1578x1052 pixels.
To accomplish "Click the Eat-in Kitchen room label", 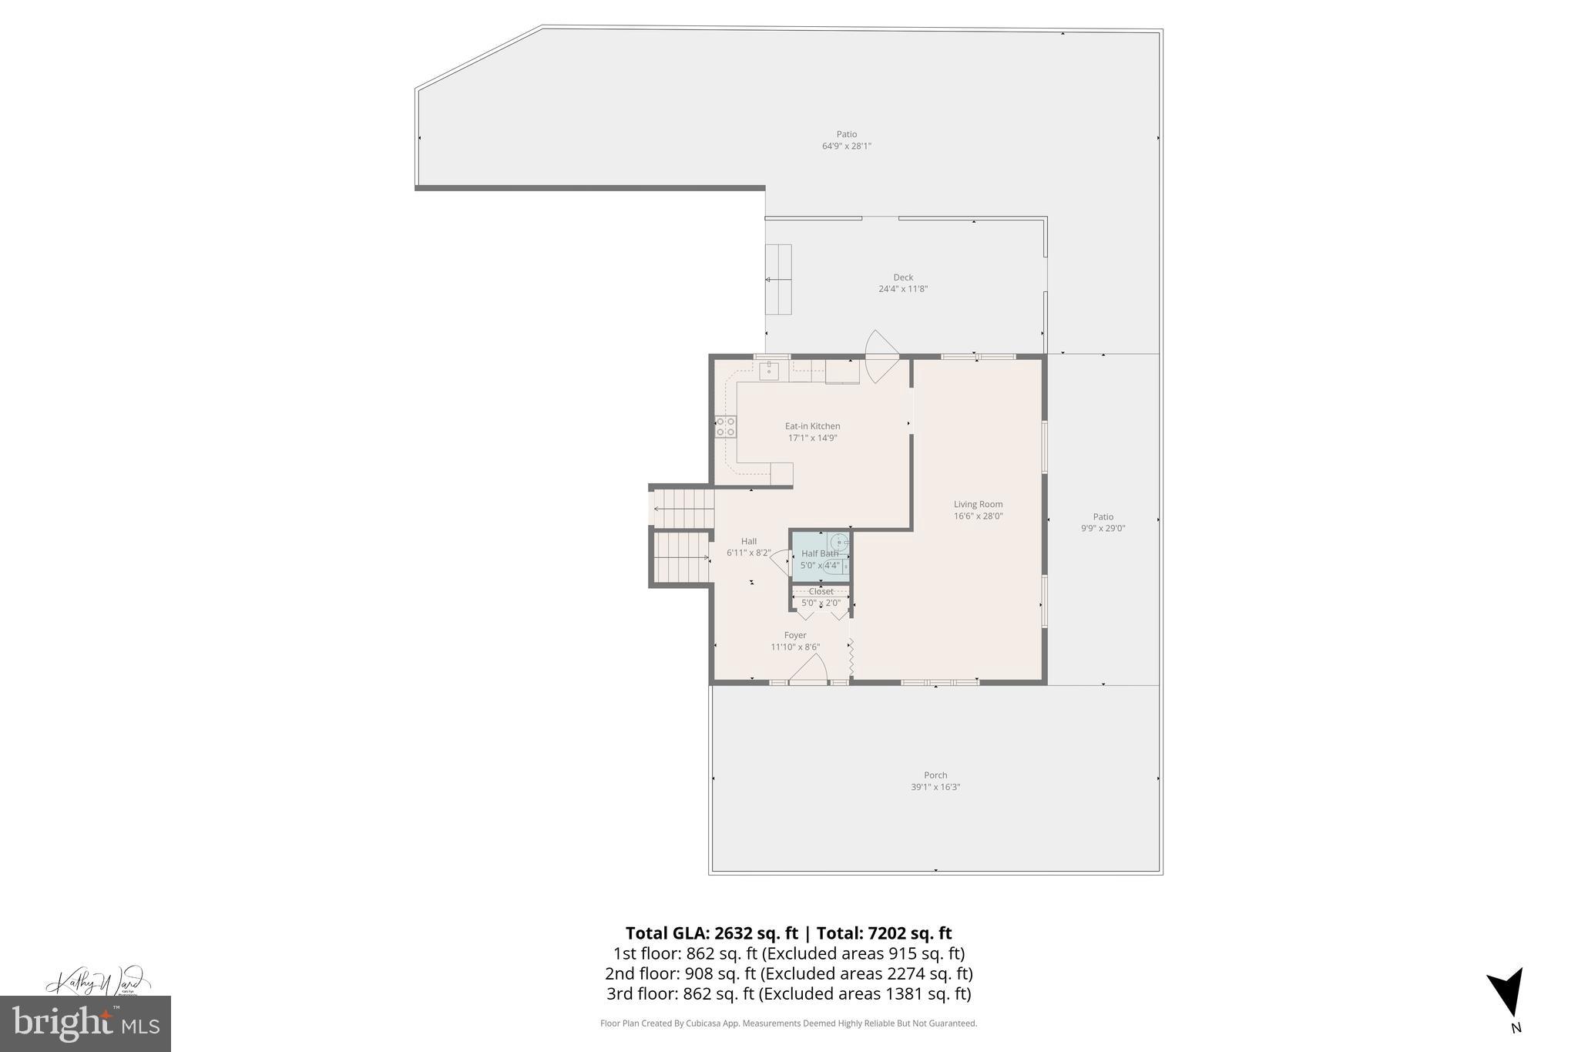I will coord(812,426).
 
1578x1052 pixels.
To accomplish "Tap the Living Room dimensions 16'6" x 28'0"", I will coord(978,516).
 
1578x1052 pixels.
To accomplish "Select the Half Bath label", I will coord(819,553).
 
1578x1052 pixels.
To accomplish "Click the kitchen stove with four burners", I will coord(725,427).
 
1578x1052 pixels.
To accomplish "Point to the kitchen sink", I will coord(769,371).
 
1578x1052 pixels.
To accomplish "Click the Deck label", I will coord(903,277).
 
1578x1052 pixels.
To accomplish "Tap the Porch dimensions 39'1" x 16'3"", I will coord(935,787).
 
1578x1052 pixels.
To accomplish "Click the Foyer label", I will coord(795,636).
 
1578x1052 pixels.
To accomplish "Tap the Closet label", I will coord(821,592).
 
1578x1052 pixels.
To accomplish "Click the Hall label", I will coord(749,541).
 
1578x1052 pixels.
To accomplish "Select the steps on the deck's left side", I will coord(778,279).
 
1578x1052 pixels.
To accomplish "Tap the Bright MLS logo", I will coord(86,1023).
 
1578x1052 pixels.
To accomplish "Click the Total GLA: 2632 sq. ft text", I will coord(711,933).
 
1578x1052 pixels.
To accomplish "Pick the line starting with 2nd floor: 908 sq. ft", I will coord(788,973).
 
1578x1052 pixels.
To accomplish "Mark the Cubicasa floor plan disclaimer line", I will coord(788,1023).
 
